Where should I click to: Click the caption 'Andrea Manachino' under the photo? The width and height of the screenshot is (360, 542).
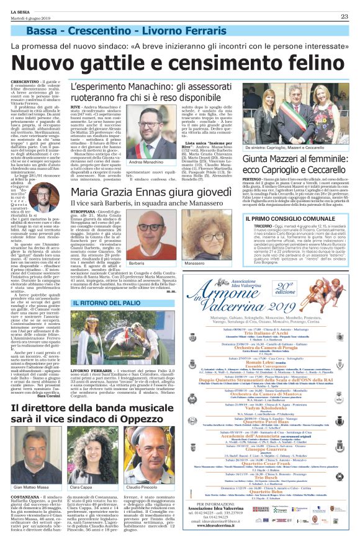pos(148,161)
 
